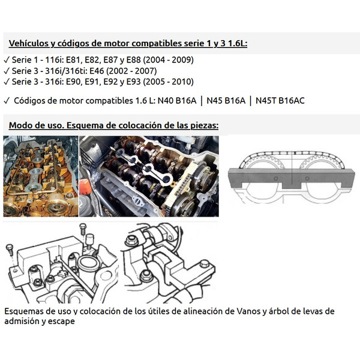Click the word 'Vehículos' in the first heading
(x=28, y=44)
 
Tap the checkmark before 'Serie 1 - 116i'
(x=6, y=60)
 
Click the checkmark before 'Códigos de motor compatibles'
(x=6, y=100)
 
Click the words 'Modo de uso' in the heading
(x=34, y=126)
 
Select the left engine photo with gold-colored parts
(x=40, y=176)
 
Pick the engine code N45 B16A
(x=227, y=100)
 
